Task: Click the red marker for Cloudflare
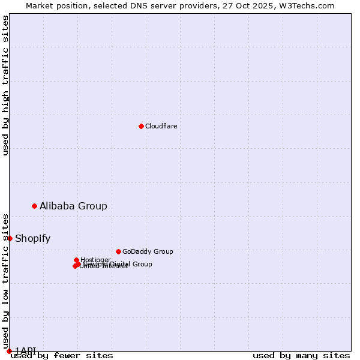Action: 141,126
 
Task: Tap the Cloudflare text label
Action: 161,126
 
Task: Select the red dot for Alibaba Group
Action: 34,206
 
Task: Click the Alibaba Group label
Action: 73,206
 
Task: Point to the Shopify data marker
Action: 10,238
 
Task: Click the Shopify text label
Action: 32,238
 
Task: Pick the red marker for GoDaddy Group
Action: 118,251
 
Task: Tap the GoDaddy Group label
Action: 147,251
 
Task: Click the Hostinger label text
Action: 95,260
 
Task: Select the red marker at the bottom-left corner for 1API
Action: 9,351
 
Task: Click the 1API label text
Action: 25,350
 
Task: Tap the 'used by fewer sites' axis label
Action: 62,355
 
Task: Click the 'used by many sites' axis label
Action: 301,355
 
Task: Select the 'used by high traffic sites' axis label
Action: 5,85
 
